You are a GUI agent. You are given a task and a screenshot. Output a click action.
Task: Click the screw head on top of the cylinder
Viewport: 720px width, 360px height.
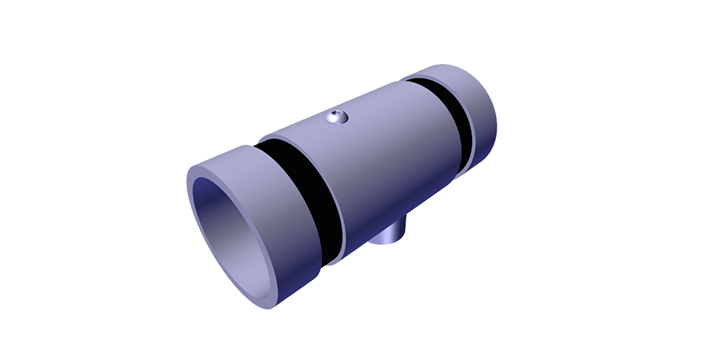tap(337, 118)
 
